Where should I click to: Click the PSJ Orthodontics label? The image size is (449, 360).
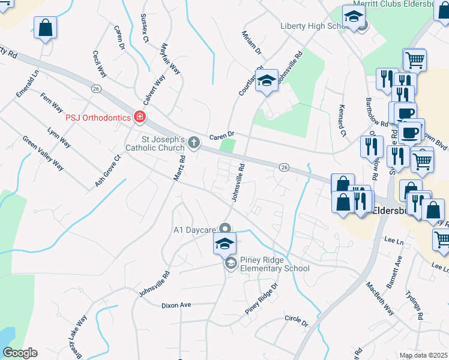pyautogui.click(x=98, y=118)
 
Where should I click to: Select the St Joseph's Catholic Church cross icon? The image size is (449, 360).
pyautogui.click(x=193, y=142)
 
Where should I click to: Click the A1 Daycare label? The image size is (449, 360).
pyautogui.click(x=194, y=229)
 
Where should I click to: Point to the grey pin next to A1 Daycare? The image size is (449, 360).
pyautogui.click(x=225, y=229)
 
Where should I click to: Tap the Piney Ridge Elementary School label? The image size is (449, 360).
pyautogui.click(x=274, y=264)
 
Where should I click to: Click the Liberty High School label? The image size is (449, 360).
pyautogui.click(x=310, y=26)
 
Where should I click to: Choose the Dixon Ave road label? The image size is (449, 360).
pyautogui.click(x=176, y=305)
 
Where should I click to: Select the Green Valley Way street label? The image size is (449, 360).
pyautogui.click(x=43, y=153)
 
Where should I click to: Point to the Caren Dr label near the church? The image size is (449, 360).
pyautogui.click(x=221, y=136)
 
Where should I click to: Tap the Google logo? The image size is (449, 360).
pyautogui.click(x=20, y=353)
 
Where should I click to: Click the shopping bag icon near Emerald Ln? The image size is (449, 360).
pyautogui.click(x=45, y=28)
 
